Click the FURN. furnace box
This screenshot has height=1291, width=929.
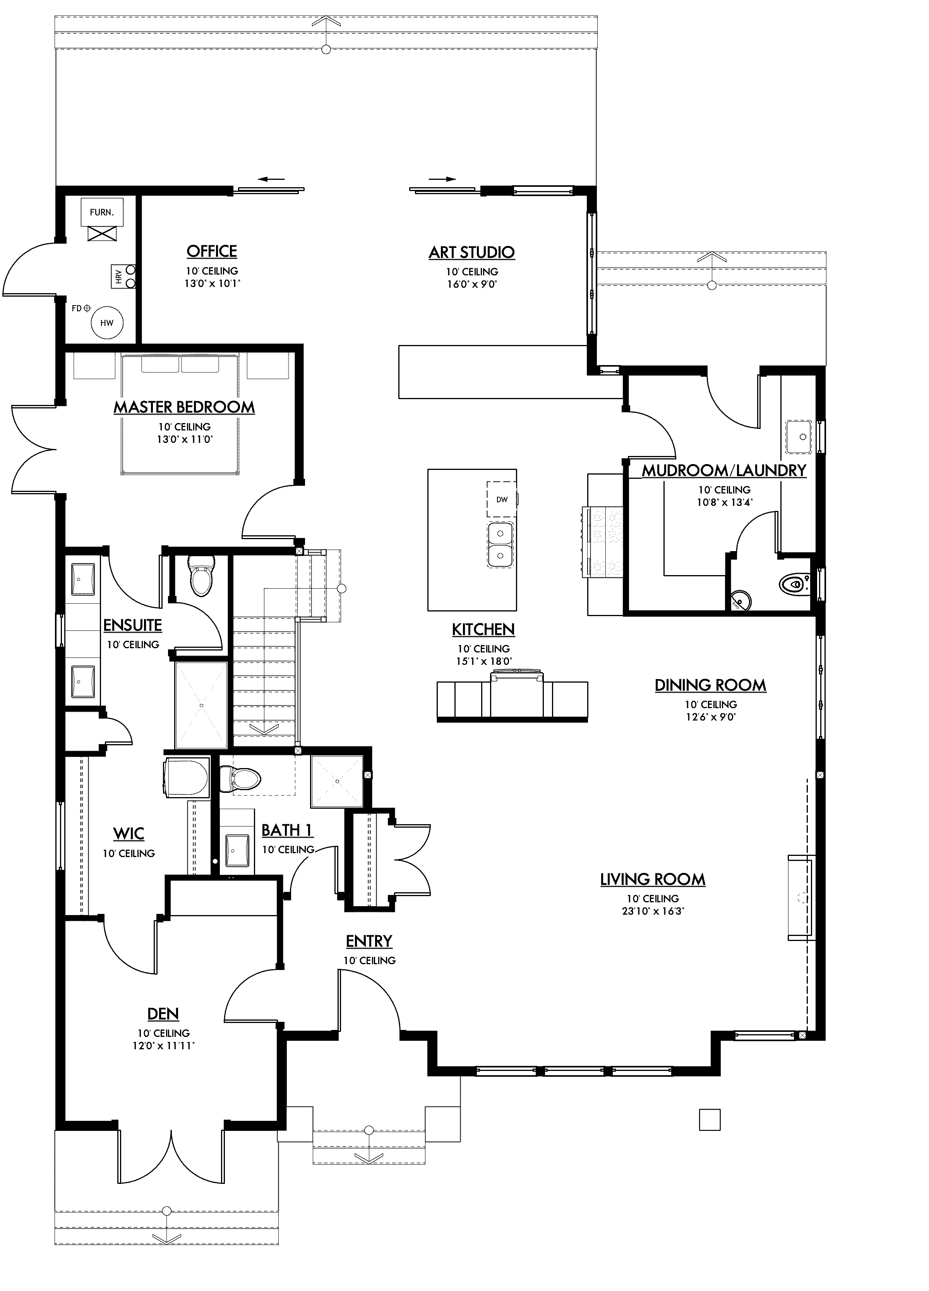(x=101, y=212)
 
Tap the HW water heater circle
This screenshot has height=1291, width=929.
(x=106, y=323)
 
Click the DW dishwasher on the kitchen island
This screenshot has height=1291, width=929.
(x=501, y=499)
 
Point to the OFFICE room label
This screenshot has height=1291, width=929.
(x=211, y=251)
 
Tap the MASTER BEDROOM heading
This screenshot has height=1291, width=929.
(x=184, y=407)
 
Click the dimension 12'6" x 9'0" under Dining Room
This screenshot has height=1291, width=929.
(x=710, y=717)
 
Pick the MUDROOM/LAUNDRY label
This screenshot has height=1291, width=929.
(x=724, y=470)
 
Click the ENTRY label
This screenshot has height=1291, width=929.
(x=369, y=941)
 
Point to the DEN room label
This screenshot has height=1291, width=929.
(x=163, y=1014)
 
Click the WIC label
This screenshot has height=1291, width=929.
(x=129, y=833)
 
